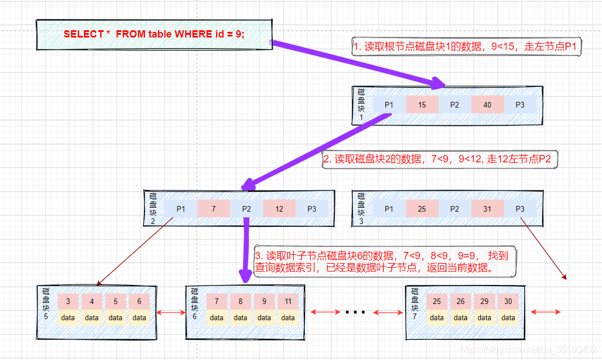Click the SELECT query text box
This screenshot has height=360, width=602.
154,34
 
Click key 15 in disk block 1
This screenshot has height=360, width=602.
422,105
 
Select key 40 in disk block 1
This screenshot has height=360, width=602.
487,105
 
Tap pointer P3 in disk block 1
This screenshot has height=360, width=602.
520,105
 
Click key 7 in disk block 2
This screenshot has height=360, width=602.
213,209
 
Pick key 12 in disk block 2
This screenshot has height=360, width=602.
279,209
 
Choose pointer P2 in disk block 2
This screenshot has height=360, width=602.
246,209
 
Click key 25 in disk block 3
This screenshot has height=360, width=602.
422,209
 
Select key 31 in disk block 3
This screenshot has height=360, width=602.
487,209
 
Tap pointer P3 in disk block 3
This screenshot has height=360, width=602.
520,209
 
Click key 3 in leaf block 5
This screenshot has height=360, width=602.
68,301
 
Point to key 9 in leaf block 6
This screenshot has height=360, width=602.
264,301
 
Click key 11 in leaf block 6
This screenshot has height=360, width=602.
288,301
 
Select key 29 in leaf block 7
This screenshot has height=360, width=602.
484,301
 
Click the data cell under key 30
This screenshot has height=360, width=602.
508,317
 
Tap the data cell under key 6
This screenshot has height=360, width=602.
139,317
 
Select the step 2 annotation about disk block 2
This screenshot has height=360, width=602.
440,160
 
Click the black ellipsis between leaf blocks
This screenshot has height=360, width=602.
355,312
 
